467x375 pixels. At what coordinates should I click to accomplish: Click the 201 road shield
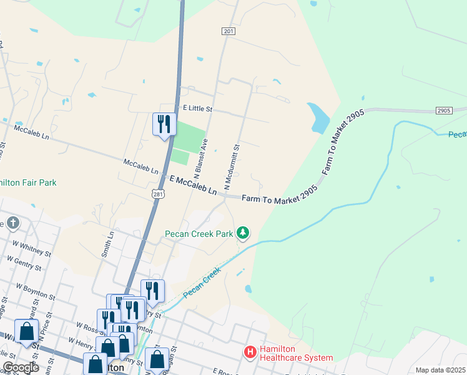click(x=228, y=31)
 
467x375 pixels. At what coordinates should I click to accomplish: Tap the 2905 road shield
click(x=443, y=111)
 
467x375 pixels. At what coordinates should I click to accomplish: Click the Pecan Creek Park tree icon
click(x=243, y=234)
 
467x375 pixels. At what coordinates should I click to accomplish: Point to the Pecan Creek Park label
click(x=199, y=234)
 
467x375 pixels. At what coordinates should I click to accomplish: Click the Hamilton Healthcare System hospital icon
click(x=250, y=352)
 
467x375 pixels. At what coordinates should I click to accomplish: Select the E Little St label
click(x=195, y=108)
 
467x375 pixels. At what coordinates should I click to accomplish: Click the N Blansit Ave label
click(x=200, y=156)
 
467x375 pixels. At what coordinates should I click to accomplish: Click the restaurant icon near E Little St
click(x=164, y=123)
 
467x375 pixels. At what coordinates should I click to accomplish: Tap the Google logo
click(x=21, y=367)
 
